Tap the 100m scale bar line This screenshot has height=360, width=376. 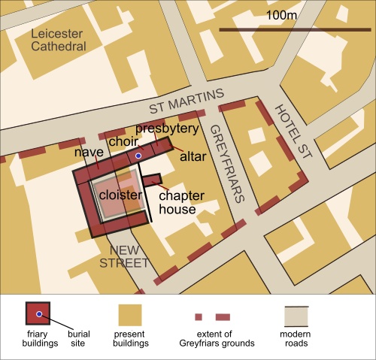pyautogui.click(x=294, y=29)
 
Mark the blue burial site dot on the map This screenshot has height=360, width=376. pyautogui.click(x=138, y=156)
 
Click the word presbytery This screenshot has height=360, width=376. pyautogui.click(x=168, y=129)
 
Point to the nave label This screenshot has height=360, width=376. pyautogui.click(x=89, y=153)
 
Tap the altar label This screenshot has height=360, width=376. pyautogui.click(x=193, y=157)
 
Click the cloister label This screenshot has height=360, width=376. pyautogui.click(x=120, y=195)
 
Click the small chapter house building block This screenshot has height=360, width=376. pyautogui.click(x=153, y=179)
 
